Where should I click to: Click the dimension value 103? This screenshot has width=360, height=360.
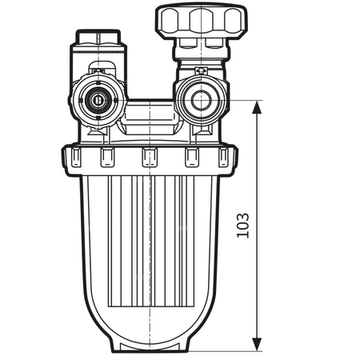pyautogui.click(x=242, y=226)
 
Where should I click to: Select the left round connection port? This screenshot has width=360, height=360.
pyautogui.click(x=98, y=102)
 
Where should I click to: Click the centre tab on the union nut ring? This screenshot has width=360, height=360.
pyautogui.click(x=149, y=158)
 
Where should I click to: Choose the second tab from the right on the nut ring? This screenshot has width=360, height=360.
pyautogui.click(x=192, y=158)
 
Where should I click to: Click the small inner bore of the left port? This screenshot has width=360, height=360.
pyautogui.click(x=98, y=102)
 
